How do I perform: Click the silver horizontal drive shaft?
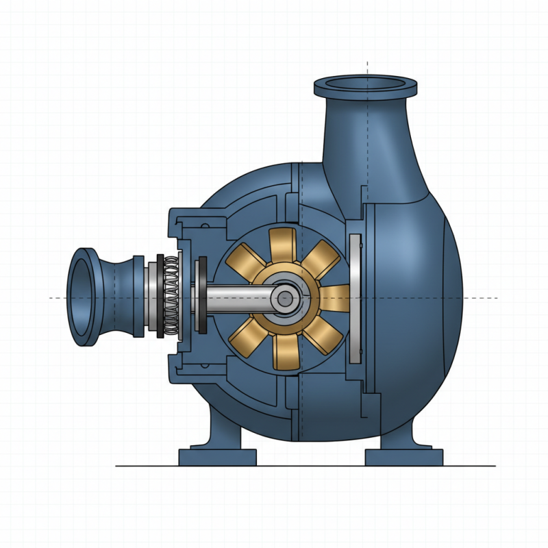coord(233,299)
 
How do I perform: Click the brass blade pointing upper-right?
coord(323,261)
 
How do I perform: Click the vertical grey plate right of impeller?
coord(354,298)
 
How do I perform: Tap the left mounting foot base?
coord(217,457)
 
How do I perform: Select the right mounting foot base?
coord(403,457)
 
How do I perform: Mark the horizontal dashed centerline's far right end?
coord(495,298)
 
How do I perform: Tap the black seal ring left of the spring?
coord(160,297)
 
